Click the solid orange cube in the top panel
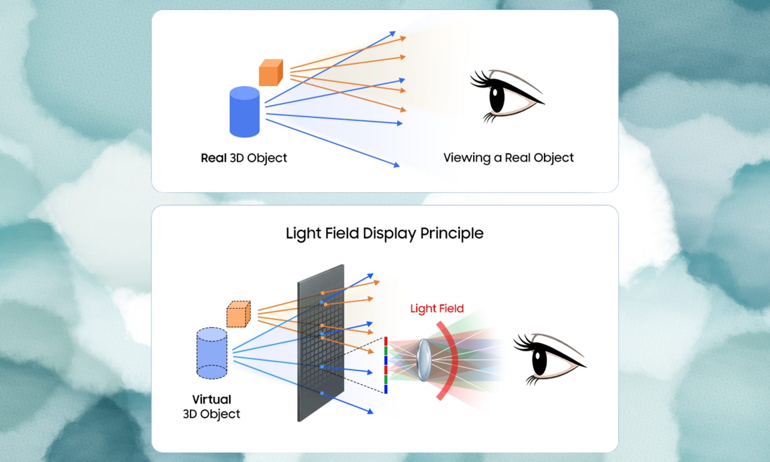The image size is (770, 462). [x=270, y=73]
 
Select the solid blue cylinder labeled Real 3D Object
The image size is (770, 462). [x=244, y=112]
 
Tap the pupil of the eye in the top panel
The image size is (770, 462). [x=496, y=95]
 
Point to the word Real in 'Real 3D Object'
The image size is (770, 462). [x=214, y=158]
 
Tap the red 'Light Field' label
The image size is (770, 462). [x=437, y=308]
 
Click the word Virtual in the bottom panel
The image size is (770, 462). [x=211, y=399]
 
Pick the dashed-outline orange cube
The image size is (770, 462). [x=238, y=315]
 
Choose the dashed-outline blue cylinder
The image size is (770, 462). [x=212, y=353]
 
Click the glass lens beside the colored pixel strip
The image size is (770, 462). [x=423, y=360]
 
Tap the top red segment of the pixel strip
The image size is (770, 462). [x=386, y=341]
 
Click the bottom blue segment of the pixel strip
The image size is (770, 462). [x=386, y=389]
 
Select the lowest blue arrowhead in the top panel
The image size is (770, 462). [x=396, y=165]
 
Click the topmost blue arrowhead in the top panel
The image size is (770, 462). [x=393, y=34]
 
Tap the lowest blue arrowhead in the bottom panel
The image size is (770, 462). [x=370, y=412]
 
